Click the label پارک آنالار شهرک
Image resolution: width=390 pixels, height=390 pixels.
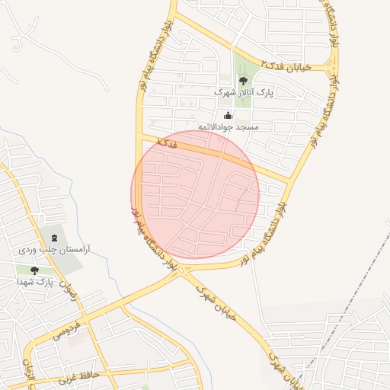242,91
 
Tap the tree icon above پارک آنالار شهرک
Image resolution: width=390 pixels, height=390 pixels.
243,79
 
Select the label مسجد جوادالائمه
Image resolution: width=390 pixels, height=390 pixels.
228,126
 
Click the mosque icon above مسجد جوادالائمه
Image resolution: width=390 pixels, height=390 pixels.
228,114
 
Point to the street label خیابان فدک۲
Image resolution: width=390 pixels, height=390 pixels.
286,67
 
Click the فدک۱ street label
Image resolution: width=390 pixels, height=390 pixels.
166,142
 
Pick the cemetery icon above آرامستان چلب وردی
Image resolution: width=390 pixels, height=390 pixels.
53,238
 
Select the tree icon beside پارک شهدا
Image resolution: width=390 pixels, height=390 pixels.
34,270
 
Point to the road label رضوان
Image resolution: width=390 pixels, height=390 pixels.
68,292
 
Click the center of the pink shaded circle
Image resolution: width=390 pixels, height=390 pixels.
195,193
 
